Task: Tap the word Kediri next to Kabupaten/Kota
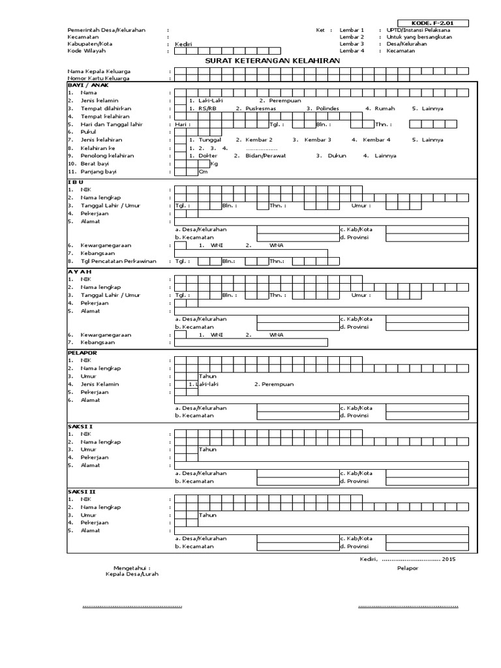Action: [x=184, y=44]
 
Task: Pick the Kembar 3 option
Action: [x=318, y=140]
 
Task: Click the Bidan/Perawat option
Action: [x=266, y=156]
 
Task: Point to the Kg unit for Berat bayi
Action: [x=214, y=164]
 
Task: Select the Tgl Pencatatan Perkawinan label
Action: [x=118, y=261]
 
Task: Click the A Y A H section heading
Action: [x=80, y=271]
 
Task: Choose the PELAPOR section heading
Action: [x=82, y=352]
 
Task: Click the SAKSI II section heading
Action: [x=82, y=491]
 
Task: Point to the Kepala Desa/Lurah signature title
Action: [x=132, y=574]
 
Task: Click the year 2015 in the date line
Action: [x=449, y=559]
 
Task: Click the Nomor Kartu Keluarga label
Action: [x=98, y=78]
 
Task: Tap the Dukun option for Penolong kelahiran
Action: [x=338, y=156]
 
